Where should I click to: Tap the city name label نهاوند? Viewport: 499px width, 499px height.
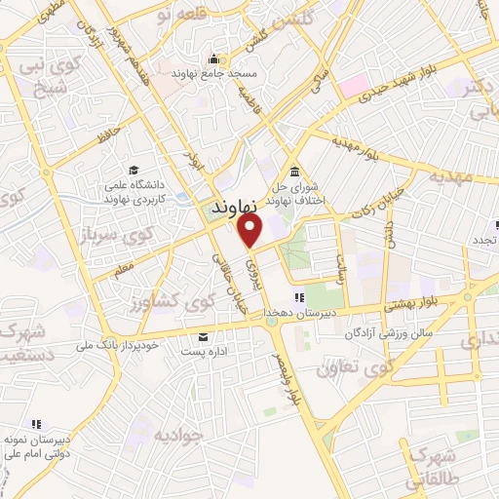234,208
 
